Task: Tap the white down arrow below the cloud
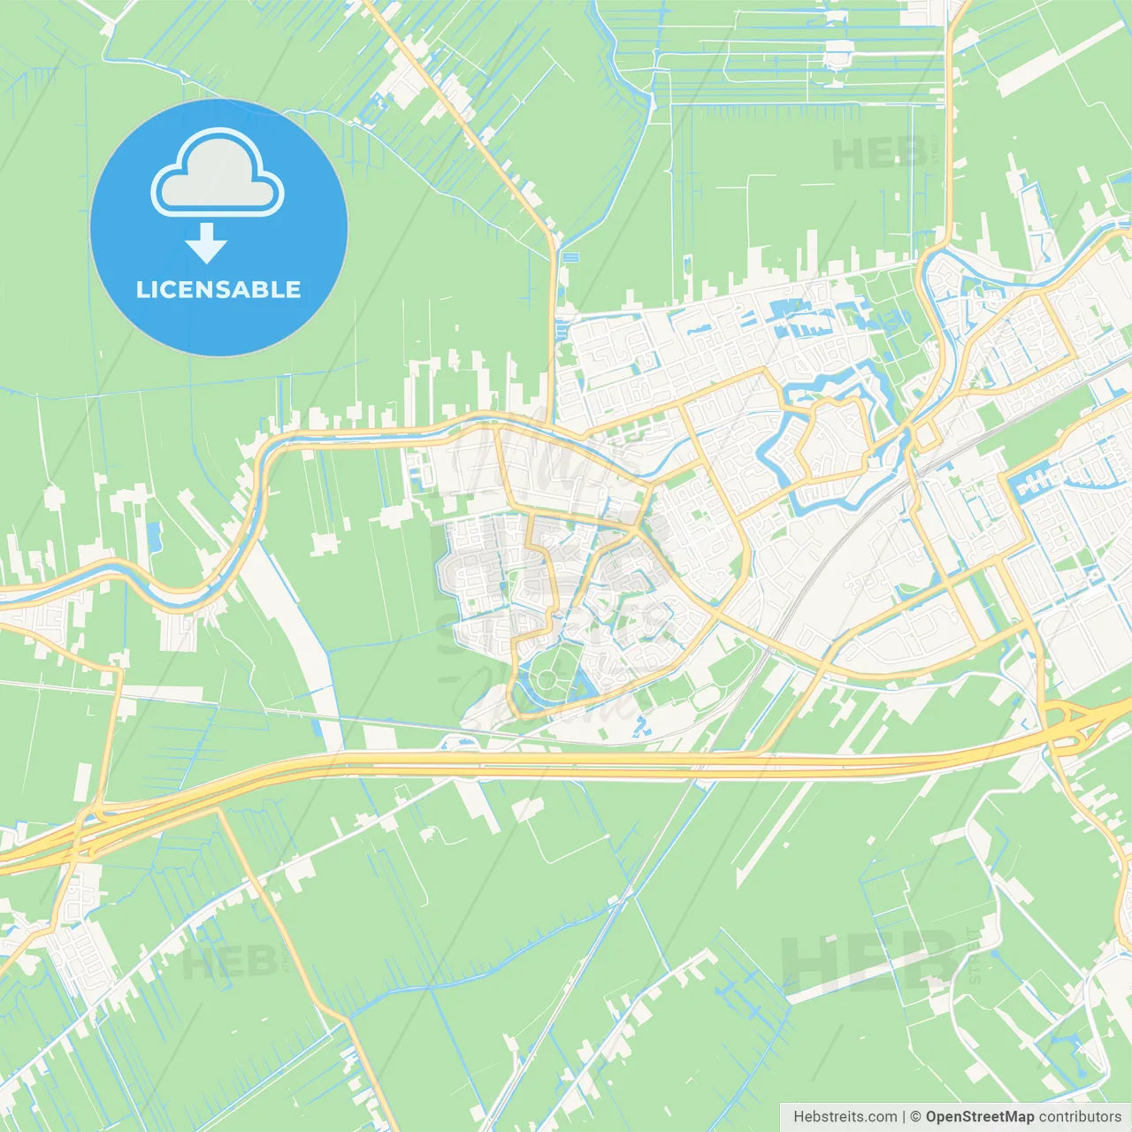[207, 243]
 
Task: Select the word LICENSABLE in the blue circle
[218, 289]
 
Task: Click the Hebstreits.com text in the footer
[845, 1117]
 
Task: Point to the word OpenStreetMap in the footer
[980, 1117]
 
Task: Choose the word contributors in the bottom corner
[1080, 1117]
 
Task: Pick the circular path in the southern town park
[546, 679]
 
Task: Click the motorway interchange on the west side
[84, 831]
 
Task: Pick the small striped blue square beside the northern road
[570, 257]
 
